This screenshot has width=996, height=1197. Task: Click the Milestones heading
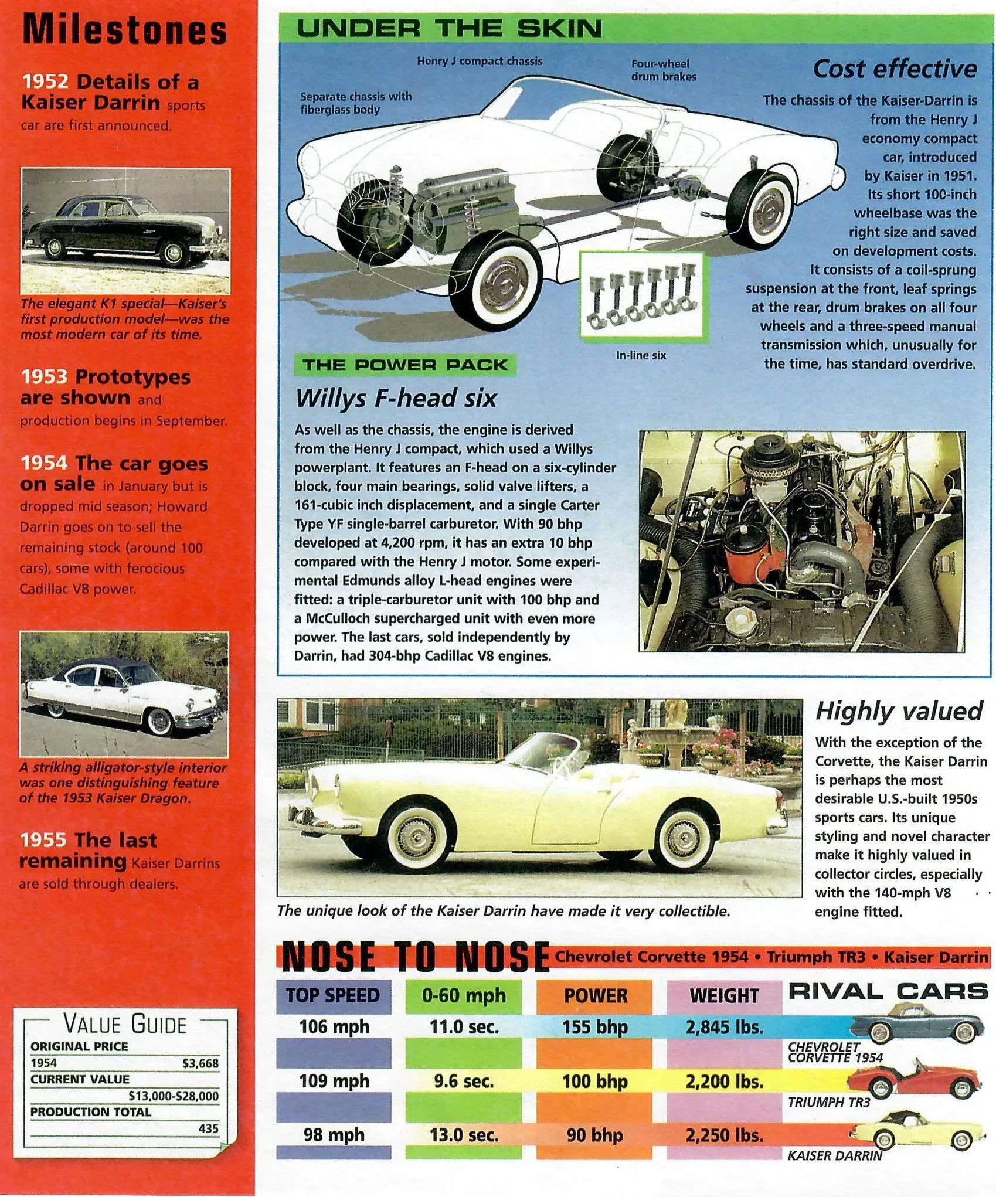124,30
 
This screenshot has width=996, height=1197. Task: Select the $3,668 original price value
200,1063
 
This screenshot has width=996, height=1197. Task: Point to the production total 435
208,1128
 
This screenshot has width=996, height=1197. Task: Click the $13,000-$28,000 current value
174,1096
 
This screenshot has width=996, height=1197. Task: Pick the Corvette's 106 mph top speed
334,1027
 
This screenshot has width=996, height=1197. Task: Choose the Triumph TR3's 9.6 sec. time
464,1081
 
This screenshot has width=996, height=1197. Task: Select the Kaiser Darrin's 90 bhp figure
594,1135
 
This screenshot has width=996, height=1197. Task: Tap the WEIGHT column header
724,996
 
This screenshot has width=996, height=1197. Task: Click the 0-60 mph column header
464,995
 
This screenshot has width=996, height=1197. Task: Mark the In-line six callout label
641,355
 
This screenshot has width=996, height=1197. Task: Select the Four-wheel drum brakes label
663,70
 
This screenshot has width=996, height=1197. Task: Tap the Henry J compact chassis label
480,61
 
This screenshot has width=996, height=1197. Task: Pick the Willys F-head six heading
396,399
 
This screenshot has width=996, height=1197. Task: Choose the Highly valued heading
898,711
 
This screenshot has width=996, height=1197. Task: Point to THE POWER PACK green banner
404,365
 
